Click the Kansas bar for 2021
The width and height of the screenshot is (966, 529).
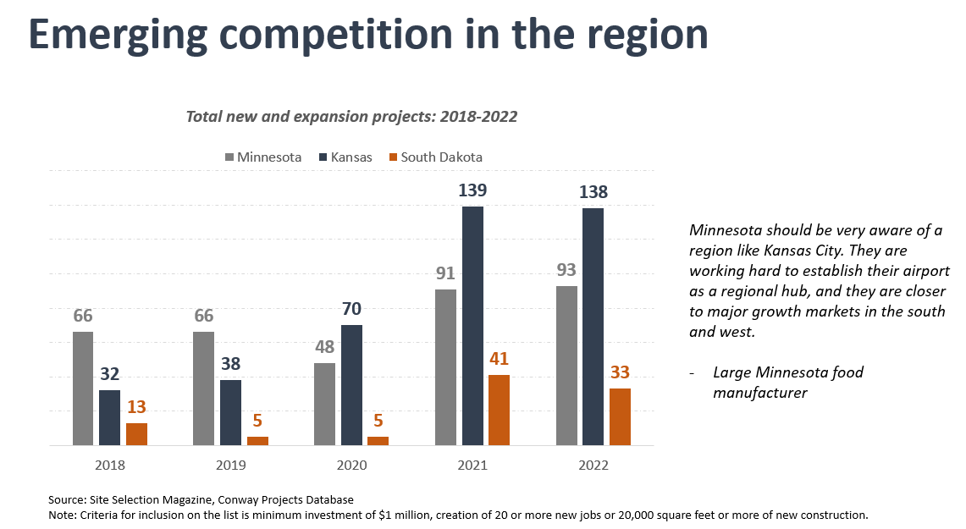(x=472, y=326)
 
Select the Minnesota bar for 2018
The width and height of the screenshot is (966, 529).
(x=83, y=388)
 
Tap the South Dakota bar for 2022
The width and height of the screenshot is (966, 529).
(x=620, y=416)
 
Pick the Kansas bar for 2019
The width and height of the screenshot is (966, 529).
(x=230, y=412)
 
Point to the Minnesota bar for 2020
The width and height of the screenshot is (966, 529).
(x=324, y=404)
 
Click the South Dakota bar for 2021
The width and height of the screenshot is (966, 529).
(x=499, y=410)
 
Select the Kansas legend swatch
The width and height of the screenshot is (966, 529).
(x=323, y=157)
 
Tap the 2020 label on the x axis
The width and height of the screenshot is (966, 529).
(x=351, y=466)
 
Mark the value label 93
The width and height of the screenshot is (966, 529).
(x=566, y=272)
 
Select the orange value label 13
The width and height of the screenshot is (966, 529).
(x=136, y=408)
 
